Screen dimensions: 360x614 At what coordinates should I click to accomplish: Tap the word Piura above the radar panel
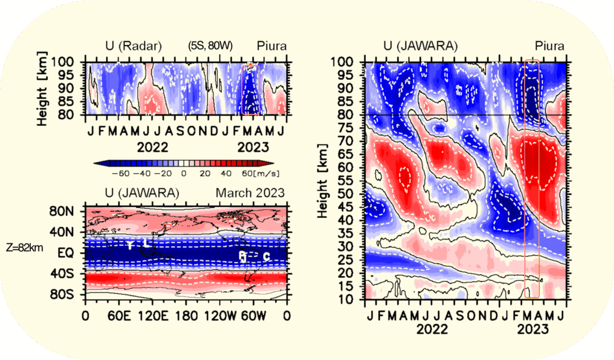pos(272,46)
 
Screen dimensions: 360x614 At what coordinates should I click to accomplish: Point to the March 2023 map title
pos(251,193)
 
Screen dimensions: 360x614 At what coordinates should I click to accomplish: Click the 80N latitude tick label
pos(62,211)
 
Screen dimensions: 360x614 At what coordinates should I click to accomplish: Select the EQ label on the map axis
pos(65,253)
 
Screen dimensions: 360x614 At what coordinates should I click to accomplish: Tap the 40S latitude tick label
pos(62,274)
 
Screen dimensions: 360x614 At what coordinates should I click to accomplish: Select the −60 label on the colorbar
pos(121,173)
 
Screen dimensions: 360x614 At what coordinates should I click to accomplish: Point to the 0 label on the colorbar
pos(184,173)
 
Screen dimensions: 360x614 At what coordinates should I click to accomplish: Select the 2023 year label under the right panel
pos(531,329)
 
